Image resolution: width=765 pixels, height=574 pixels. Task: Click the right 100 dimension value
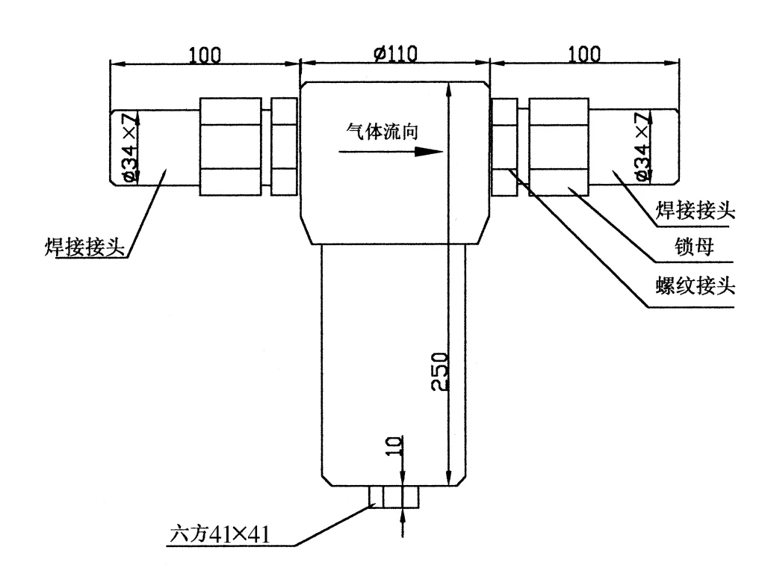583,54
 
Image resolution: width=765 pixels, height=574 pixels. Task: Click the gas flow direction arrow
391,150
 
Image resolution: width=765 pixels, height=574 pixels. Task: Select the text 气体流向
381,128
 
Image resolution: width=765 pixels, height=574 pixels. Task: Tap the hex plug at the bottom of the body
394,496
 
